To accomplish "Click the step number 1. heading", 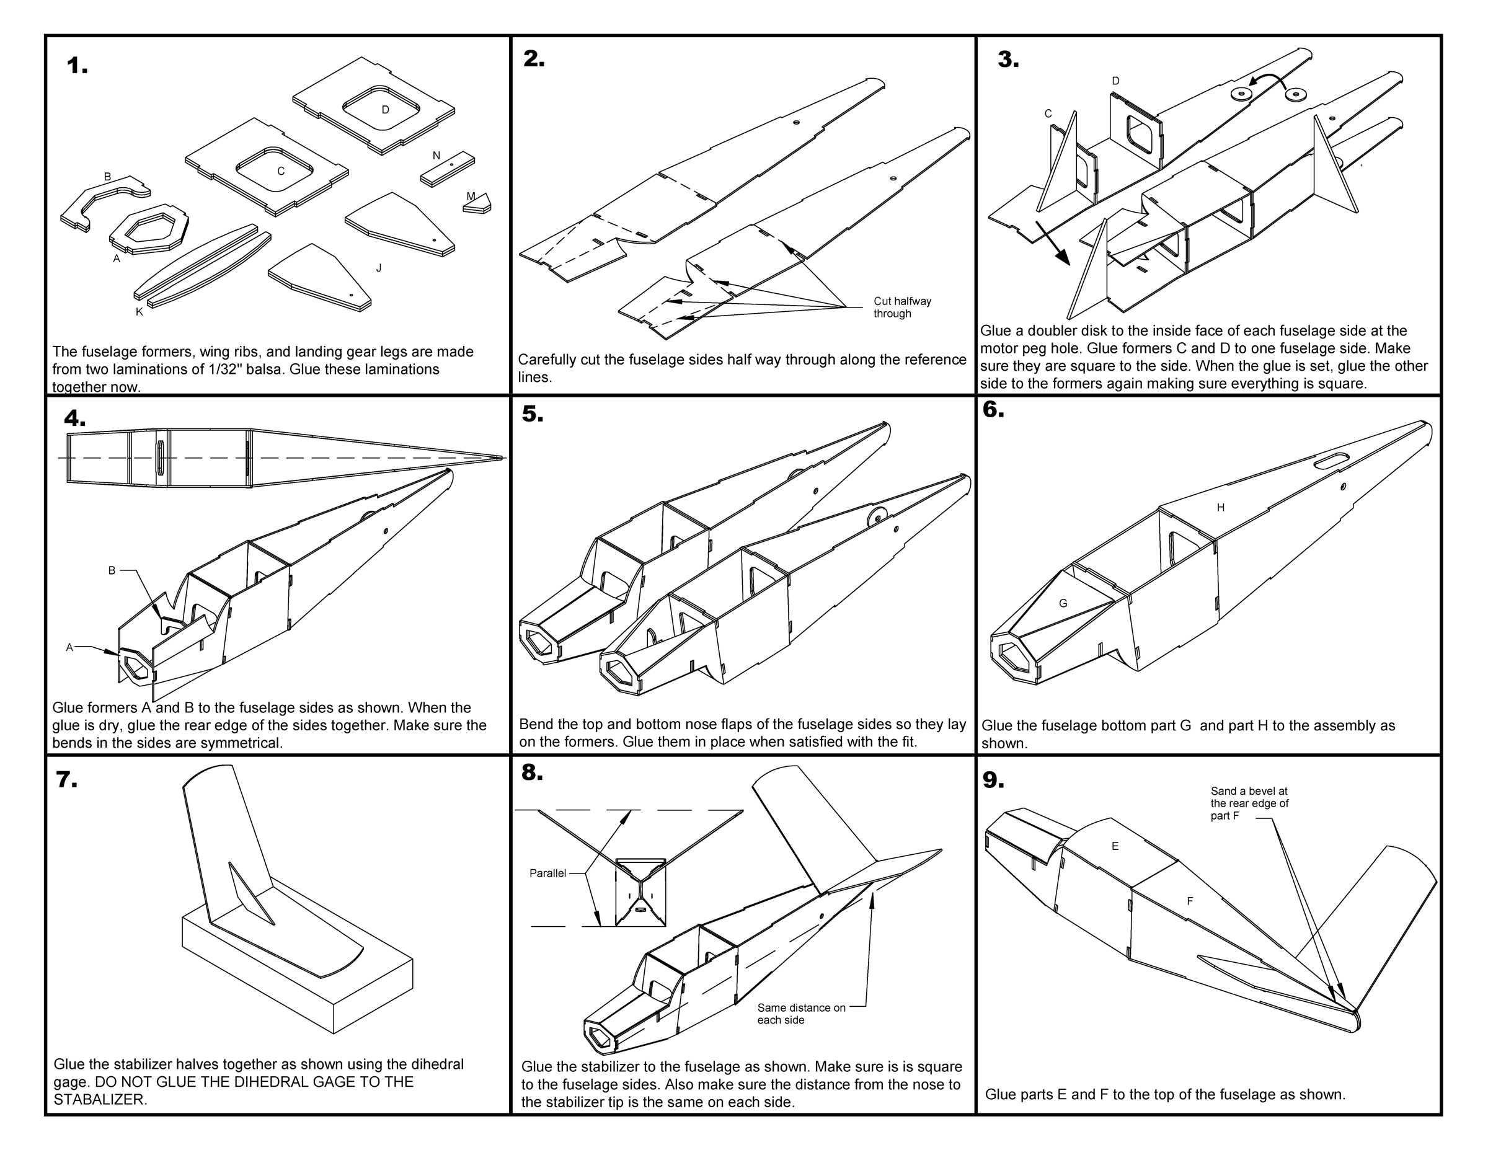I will pyautogui.click(x=77, y=66).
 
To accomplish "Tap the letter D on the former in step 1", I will pyautogui.click(x=385, y=110).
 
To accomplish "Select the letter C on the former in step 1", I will pyautogui.click(x=281, y=171).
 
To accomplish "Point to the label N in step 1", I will pyautogui.click(x=436, y=156).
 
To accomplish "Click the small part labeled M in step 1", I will pyautogui.click(x=477, y=202).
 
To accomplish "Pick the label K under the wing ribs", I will pyautogui.click(x=139, y=312).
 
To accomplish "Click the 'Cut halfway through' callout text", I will pyautogui.click(x=901, y=307).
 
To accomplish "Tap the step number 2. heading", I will pyautogui.click(x=533, y=60).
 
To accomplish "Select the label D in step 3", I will pyautogui.click(x=1115, y=81).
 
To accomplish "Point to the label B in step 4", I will pyautogui.click(x=112, y=570).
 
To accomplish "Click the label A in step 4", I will pyautogui.click(x=69, y=647).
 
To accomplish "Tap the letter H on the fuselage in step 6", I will pyautogui.click(x=1220, y=507).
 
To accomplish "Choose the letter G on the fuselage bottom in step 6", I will pyautogui.click(x=1063, y=603).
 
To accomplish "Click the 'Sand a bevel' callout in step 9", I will pyautogui.click(x=1249, y=803).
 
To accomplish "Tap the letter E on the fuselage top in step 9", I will pyautogui.click(x=1115, y=846).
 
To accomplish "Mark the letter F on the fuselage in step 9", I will pyautogui.click(x=1190, y=901).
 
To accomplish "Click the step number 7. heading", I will pyautogui.click(x=66, y=779).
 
